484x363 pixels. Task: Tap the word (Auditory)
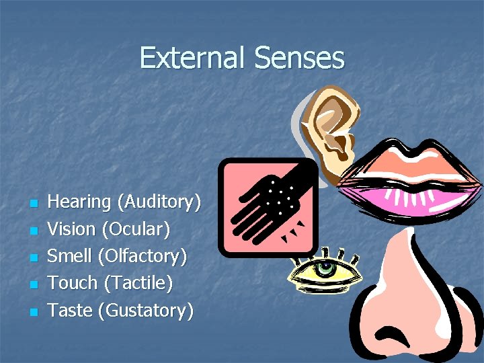tap(159, 202)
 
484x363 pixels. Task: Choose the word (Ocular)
tap(135, 229)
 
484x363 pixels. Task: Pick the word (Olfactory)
tap(142, 256)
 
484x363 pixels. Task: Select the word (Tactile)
tap(138, 283)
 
